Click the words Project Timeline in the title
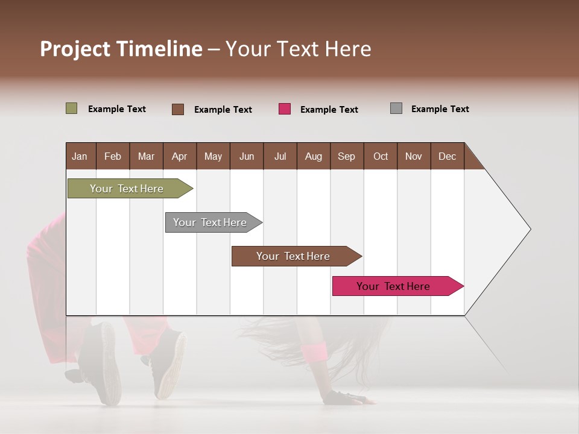121,49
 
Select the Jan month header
80,156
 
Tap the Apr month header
180,156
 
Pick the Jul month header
280,156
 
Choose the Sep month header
346,156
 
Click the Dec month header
447,156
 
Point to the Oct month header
380,156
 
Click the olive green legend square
71,108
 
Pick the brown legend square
178,109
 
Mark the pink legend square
285,109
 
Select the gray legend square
396,108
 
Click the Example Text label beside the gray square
440,109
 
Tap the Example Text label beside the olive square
117,109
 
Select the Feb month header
113,156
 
